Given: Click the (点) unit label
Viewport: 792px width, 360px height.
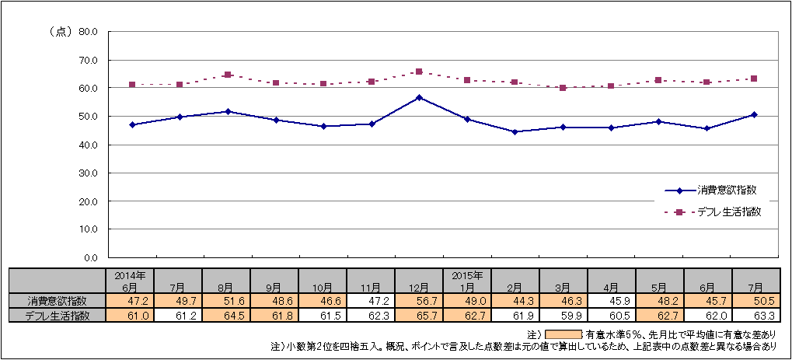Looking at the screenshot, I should coord(60,32).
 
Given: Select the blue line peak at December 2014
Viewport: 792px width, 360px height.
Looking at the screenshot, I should coord(419,97).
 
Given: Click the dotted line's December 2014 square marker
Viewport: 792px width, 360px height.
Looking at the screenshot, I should coord(419,72).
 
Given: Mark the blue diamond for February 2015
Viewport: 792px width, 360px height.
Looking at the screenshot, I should coord(515,132).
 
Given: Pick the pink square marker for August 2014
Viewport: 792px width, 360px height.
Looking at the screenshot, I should coord(228,75).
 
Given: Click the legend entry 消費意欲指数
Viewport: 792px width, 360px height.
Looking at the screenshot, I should coord(727,190).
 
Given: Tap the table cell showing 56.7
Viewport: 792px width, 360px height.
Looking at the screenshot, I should coord(419,301).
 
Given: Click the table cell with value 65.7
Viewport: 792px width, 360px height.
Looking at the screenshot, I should coord(419,315).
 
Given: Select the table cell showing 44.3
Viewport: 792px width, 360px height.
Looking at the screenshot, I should coord(515,301).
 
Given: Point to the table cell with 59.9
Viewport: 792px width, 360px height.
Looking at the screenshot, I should coord(563,315).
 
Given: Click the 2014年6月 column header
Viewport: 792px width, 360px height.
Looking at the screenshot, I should coord(130,281).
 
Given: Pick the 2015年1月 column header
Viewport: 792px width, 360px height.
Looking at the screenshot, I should coord(467,281).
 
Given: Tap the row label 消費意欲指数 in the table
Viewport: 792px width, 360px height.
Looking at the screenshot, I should coord(58,301).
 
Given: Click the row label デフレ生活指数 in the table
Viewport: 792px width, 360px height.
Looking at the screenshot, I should coord(58,315).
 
